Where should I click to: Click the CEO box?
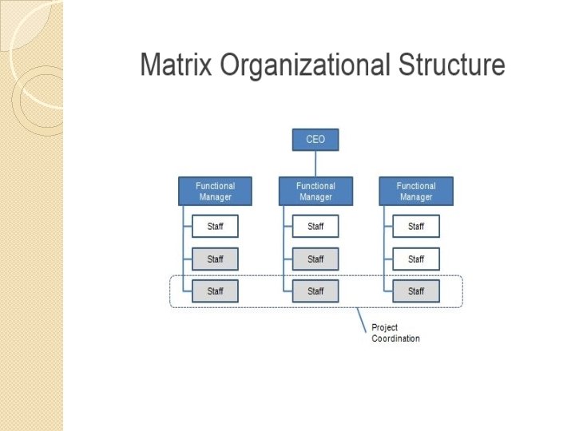(315, 140)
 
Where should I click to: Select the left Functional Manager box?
(215, 192)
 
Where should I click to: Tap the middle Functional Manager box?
(315, 192)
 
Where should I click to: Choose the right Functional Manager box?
(416, 192)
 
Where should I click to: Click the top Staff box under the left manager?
(215, 227)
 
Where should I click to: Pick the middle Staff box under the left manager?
(215, 259)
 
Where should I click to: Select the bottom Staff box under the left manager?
(215, 291)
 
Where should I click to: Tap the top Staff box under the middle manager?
(315, 227)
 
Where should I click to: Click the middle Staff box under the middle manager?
(315, 259)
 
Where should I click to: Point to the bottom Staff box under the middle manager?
(315, 291)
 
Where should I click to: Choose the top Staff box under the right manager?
(416, 227)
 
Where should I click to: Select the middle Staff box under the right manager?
(416, 259)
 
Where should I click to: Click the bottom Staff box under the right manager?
(416, 291)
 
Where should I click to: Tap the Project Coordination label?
(395, 333)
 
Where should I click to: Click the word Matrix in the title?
(176, 65)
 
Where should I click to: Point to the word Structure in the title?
(452, 65)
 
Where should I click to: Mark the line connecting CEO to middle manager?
(315, 164)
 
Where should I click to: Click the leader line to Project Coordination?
(361, 317)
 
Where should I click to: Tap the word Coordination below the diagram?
(395, 338)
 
